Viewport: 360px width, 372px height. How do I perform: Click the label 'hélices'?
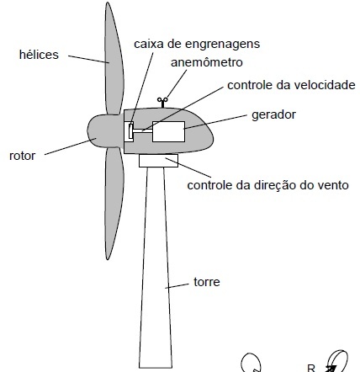[39, 55]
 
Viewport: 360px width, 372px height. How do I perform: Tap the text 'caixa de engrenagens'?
[197, 44]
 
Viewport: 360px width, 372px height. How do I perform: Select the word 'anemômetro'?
[207, 62]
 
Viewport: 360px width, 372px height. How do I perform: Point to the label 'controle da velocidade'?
[291, 85]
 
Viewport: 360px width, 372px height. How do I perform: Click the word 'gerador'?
[273, 115]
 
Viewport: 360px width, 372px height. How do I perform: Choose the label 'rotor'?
[23, 156]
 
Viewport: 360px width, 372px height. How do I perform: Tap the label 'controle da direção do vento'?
[268, 185]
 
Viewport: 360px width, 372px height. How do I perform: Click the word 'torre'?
[207, 282]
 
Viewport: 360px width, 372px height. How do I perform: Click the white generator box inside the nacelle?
[168, 131]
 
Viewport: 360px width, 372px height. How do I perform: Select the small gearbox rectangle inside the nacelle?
[130, 131]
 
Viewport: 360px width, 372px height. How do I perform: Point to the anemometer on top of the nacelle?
[162, 103]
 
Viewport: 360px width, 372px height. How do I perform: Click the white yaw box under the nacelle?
[158, 161]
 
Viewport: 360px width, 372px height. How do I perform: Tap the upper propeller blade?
[114, 59]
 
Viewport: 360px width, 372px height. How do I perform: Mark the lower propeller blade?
[114, 202]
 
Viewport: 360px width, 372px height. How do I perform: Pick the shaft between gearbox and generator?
[143, 130]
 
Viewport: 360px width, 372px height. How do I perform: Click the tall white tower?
[156, 267]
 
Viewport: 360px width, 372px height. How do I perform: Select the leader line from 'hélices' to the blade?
[88, 59]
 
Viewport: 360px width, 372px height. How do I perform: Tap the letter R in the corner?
[311, 368]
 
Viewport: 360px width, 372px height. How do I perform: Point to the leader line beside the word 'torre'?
[177, 286]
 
